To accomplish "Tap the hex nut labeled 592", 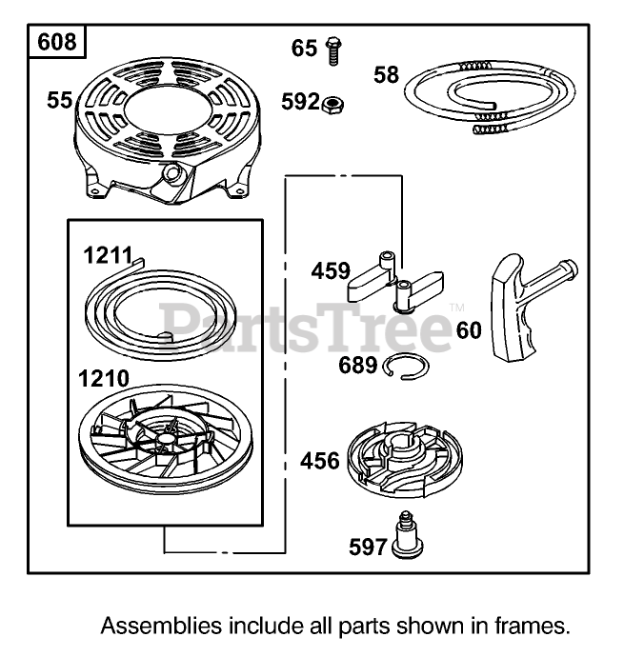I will pos(333,102).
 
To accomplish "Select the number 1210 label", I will pos(104,378).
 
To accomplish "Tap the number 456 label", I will pos(320,462).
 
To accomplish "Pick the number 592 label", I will pos(300,101).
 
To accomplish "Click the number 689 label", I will pos(358,365).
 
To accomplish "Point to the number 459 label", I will pos(331,271).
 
